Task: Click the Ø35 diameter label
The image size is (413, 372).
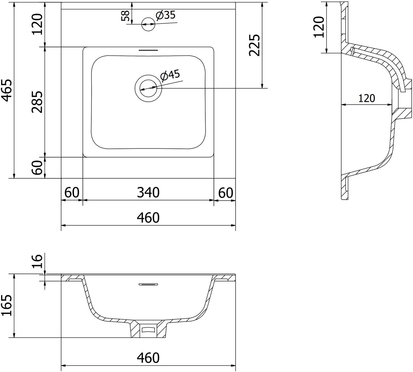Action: click(166, 16)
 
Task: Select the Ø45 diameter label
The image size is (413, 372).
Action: click(170, 75)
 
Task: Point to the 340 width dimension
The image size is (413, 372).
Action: click(148, 193)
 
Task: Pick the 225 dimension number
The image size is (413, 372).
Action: click(254, 45)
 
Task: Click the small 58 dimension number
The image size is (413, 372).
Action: click(125, 16)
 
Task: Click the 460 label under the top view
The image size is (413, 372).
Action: click(148, 218)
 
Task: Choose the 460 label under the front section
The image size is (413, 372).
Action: click(148, 358)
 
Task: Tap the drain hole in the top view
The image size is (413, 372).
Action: click(148, 88)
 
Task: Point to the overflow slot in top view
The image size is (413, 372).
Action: click(148, 50)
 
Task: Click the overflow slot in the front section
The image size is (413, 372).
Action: click(148, 284)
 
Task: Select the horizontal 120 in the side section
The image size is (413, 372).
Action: click(367, 98)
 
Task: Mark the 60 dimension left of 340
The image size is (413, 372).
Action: click(72, 193)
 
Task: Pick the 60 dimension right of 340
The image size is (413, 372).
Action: click(226, 193)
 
